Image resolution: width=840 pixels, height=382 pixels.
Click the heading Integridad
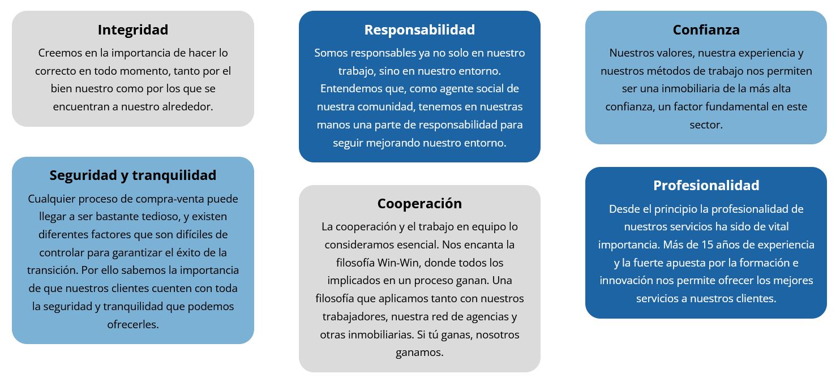(x=133, y=29)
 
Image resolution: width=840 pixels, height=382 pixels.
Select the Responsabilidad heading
(x=419, y=29)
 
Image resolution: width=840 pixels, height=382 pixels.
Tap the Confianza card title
(x=706, y=29)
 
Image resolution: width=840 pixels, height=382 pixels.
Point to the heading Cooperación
(x=419, y=204)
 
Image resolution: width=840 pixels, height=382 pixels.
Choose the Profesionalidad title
(x=706, y=185)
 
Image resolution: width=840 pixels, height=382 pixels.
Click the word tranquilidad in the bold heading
(x=174, y=175)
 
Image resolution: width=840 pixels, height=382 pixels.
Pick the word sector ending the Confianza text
(x=706, y=125)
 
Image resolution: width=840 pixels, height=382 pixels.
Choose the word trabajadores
(x=355, y=317)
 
